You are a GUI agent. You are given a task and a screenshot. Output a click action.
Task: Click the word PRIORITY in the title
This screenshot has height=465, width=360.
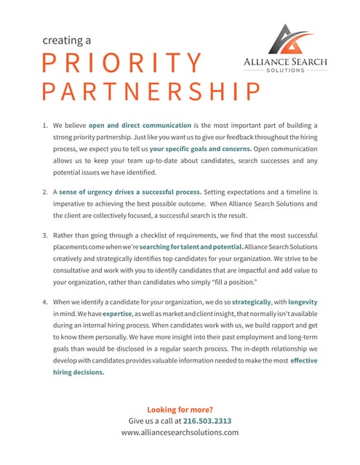(121, 63)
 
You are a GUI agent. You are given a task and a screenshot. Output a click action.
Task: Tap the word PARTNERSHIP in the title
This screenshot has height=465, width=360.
(151, 92)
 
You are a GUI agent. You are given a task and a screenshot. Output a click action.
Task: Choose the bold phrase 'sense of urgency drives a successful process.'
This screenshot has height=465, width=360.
(124, 193)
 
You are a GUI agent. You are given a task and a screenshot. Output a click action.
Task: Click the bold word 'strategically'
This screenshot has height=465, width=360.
(242, 302)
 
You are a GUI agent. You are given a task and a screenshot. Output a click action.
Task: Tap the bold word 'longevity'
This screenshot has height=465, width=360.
(303, 302)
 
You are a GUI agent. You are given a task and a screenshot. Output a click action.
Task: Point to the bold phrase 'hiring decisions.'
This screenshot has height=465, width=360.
(79, 372)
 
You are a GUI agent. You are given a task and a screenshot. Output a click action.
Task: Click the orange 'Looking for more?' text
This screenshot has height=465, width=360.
(180, 409)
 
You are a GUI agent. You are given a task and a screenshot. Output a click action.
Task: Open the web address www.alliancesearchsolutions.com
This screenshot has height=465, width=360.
(180, 432)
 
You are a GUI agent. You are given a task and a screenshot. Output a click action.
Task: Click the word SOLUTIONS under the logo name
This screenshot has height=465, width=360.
(285, 70)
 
